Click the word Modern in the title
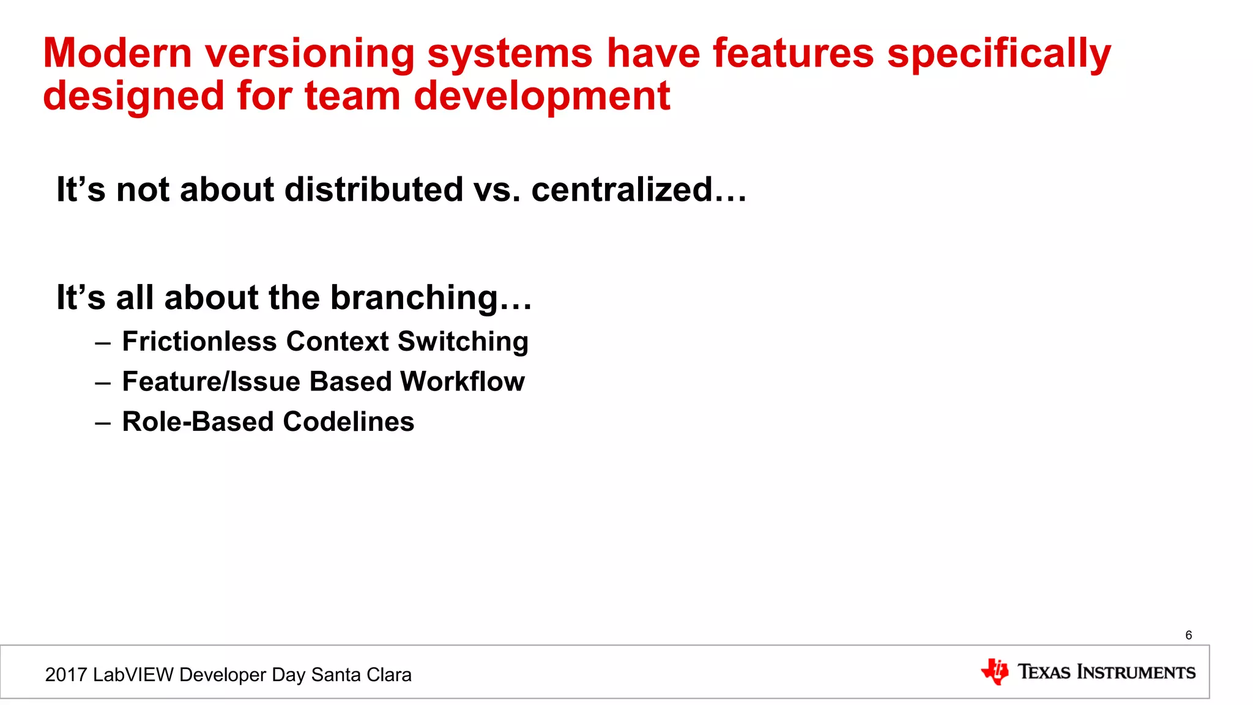[117, 53]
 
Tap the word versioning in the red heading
[310, 54]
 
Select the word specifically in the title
[998, 54]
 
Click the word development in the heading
[541, 97]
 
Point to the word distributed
[374, 190]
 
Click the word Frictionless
[199, 341]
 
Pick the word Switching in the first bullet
[463, 342]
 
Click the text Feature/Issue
[211, 382]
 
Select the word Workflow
[463, 382]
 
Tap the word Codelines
[348, 422]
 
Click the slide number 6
[1188, 635]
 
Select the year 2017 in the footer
[66, 675]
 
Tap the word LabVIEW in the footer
[133, 675]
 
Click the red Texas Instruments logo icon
[995, 672]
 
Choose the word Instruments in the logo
[1136, 672]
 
